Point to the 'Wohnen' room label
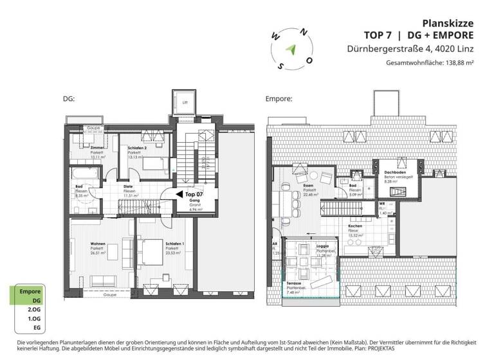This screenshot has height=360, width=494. click(x=98, y=244)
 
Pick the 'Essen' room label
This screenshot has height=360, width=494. click(x=308, y=186)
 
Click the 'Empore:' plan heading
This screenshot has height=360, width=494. click(x=279, y=100)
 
